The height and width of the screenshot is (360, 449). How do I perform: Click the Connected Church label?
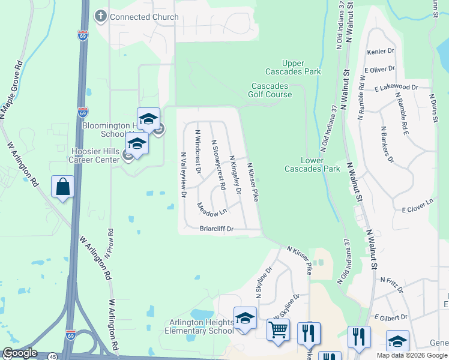pos(144,17)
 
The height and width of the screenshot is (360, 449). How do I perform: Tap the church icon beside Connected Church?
pos(101,17)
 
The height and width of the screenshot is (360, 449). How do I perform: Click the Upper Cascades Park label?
pos(301,67)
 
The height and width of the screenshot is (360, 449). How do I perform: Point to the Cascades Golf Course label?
pos(271,90)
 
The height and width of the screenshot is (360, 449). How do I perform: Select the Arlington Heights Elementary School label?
pos(201,326)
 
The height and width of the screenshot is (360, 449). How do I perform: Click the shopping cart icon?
pos(278,329)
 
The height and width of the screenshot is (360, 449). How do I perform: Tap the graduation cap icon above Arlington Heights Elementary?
pos(245,318)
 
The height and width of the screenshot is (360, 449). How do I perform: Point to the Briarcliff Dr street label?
pos(216,229)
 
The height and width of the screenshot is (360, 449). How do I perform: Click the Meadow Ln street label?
pos(212,209)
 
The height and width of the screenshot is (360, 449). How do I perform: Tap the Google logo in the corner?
pos(20,353)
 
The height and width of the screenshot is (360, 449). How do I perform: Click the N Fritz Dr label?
pos(391,283)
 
